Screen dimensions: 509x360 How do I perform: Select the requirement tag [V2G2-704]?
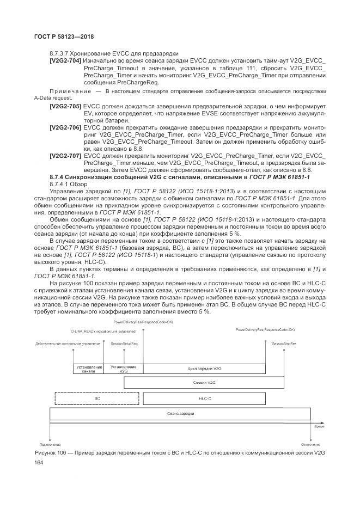[65, 60]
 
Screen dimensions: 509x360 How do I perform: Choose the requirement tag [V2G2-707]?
[65, 155]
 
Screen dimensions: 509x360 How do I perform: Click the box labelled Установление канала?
[88, 369]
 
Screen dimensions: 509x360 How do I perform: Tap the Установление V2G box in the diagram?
[124, 369]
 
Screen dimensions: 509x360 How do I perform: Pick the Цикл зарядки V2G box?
[204, 369]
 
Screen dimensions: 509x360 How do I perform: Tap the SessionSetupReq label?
[124, 345]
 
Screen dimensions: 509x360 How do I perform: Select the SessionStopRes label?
[284, 345]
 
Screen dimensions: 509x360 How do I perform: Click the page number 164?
[38, 462]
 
